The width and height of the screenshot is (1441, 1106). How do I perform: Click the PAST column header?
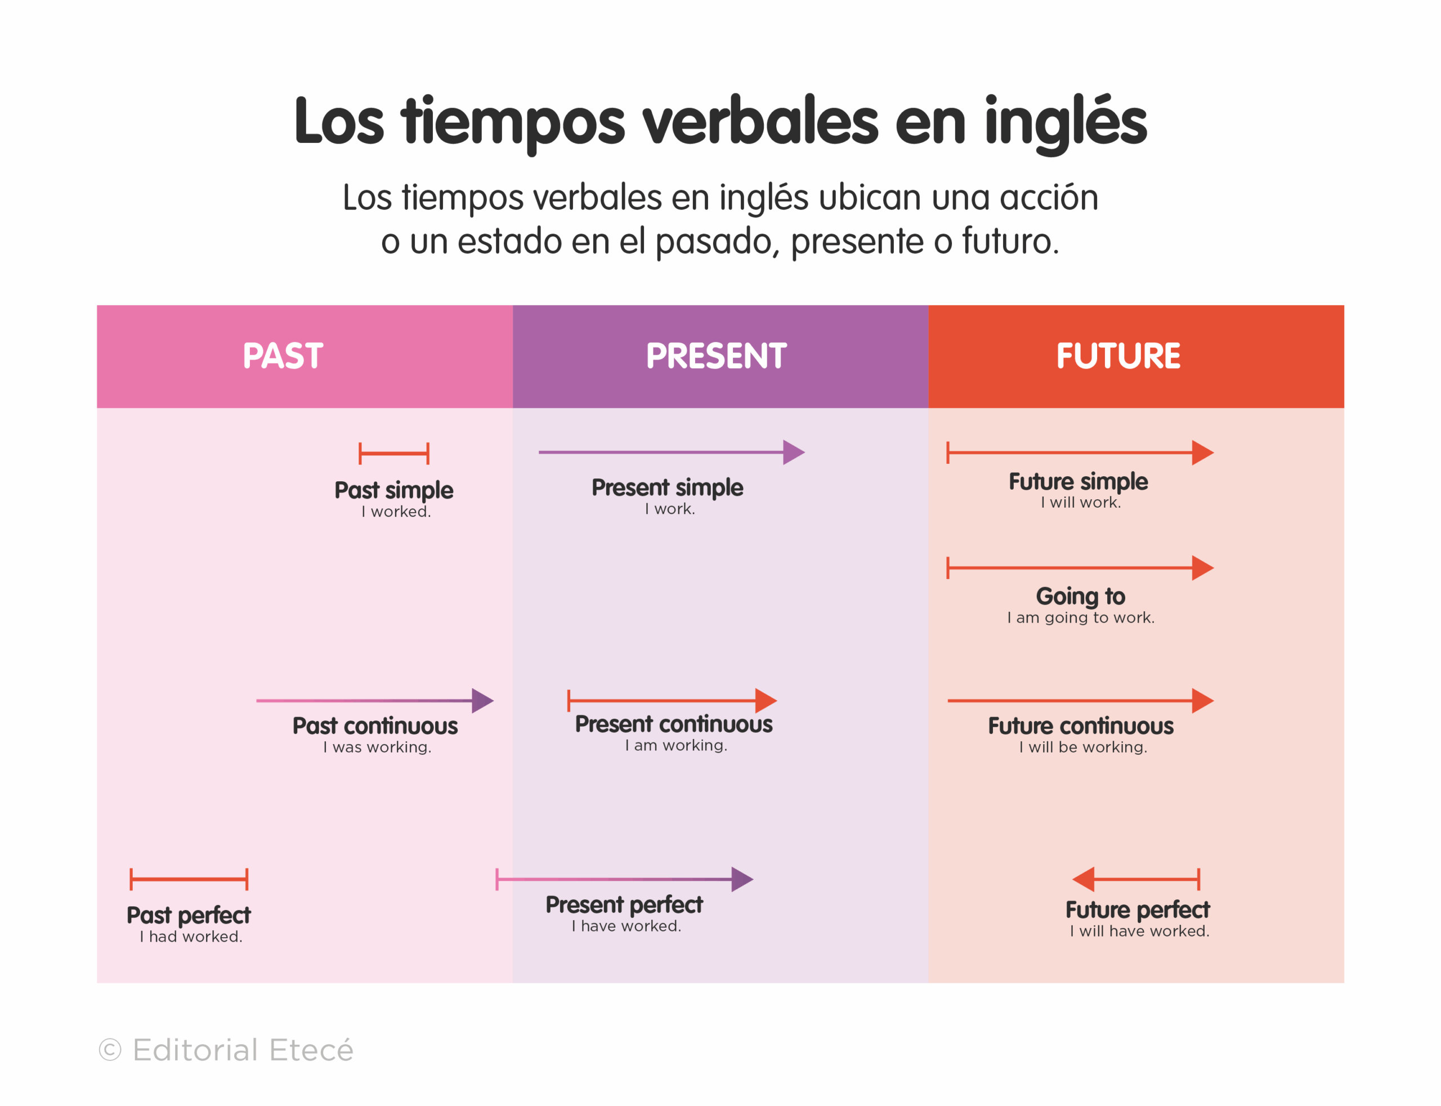283,356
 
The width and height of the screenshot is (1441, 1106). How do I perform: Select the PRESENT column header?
716,356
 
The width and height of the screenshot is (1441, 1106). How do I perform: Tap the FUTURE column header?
1118,356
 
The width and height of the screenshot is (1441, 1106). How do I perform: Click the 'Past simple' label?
393,490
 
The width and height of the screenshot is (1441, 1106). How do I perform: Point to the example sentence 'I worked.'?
396,512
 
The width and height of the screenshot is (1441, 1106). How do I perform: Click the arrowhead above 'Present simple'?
793,453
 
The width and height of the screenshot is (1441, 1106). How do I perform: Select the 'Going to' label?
1080,597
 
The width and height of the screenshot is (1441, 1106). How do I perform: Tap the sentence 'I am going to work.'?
1080,617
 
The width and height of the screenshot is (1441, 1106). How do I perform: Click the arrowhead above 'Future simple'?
1202,453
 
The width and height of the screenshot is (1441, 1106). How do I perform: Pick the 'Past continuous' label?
375,726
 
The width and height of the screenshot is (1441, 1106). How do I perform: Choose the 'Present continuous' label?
673,724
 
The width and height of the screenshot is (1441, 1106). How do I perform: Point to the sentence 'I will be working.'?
1083,747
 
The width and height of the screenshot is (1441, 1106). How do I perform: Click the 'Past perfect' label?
189,916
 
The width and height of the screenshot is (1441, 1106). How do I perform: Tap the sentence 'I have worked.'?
626,926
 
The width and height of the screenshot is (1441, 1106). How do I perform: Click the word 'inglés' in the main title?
1066,122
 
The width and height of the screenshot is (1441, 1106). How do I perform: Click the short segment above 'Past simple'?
393,454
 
